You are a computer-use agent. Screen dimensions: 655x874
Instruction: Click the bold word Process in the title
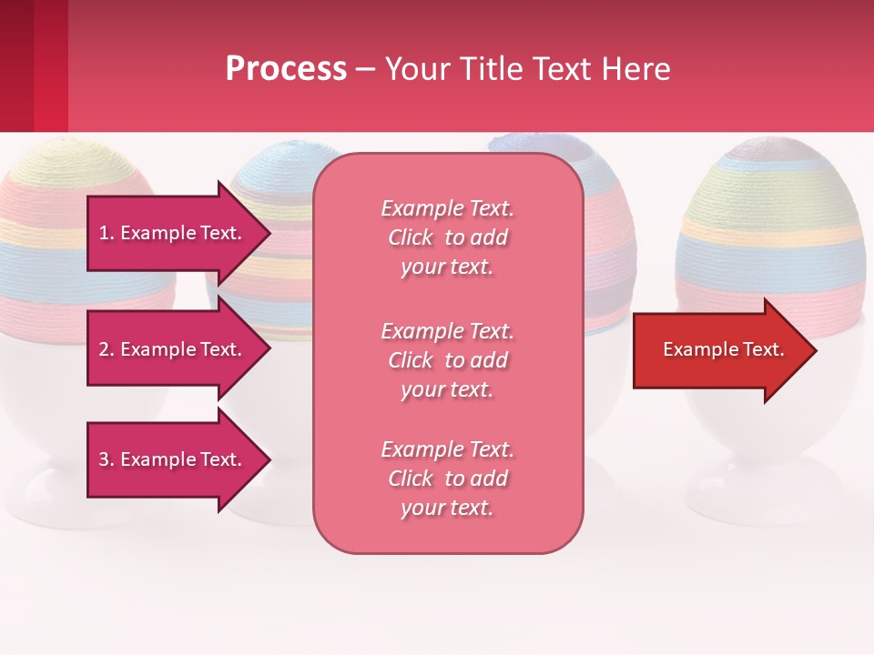point(286,69)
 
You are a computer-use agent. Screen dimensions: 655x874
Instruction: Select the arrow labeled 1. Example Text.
point(173,233)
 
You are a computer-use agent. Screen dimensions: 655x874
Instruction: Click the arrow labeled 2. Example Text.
point(173,349)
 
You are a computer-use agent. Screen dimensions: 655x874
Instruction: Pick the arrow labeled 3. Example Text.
point(173,459)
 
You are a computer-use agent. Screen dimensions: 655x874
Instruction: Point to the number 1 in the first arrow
point(104,233)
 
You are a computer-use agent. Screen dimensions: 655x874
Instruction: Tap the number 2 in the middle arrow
point(104,349)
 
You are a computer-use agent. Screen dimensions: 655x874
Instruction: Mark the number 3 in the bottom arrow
point(104,459)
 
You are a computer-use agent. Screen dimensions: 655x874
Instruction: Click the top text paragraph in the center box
point(447,237)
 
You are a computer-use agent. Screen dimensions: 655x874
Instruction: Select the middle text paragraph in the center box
point(447,360)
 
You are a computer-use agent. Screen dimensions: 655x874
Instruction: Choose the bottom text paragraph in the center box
point(447,479)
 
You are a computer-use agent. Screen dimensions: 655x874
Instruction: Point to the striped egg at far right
point(772,218)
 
